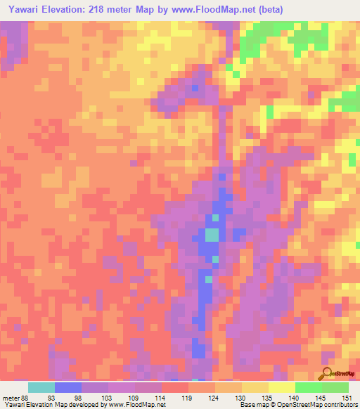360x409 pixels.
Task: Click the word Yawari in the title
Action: pyautogui.click(x=24, y=10)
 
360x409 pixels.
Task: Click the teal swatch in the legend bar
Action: pyautogui.click(x=41, y=387)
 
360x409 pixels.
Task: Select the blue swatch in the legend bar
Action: pyautogui.click(x=68, y=387)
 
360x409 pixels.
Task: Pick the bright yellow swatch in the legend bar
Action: pyautogui.click(x=282, y=387)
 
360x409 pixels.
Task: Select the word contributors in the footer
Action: pyautogui.click(x=340, y=405)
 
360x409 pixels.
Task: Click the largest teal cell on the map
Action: pyautogui.click(x=212, y=235)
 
